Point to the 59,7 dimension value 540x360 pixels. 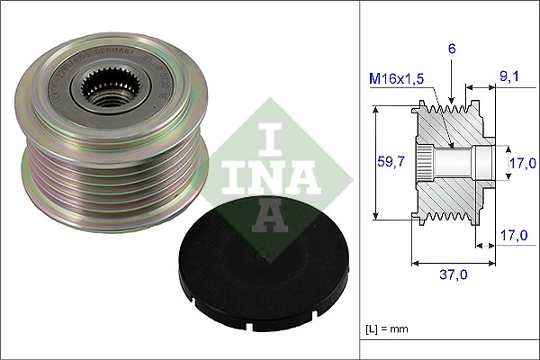tap(389, 162)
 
